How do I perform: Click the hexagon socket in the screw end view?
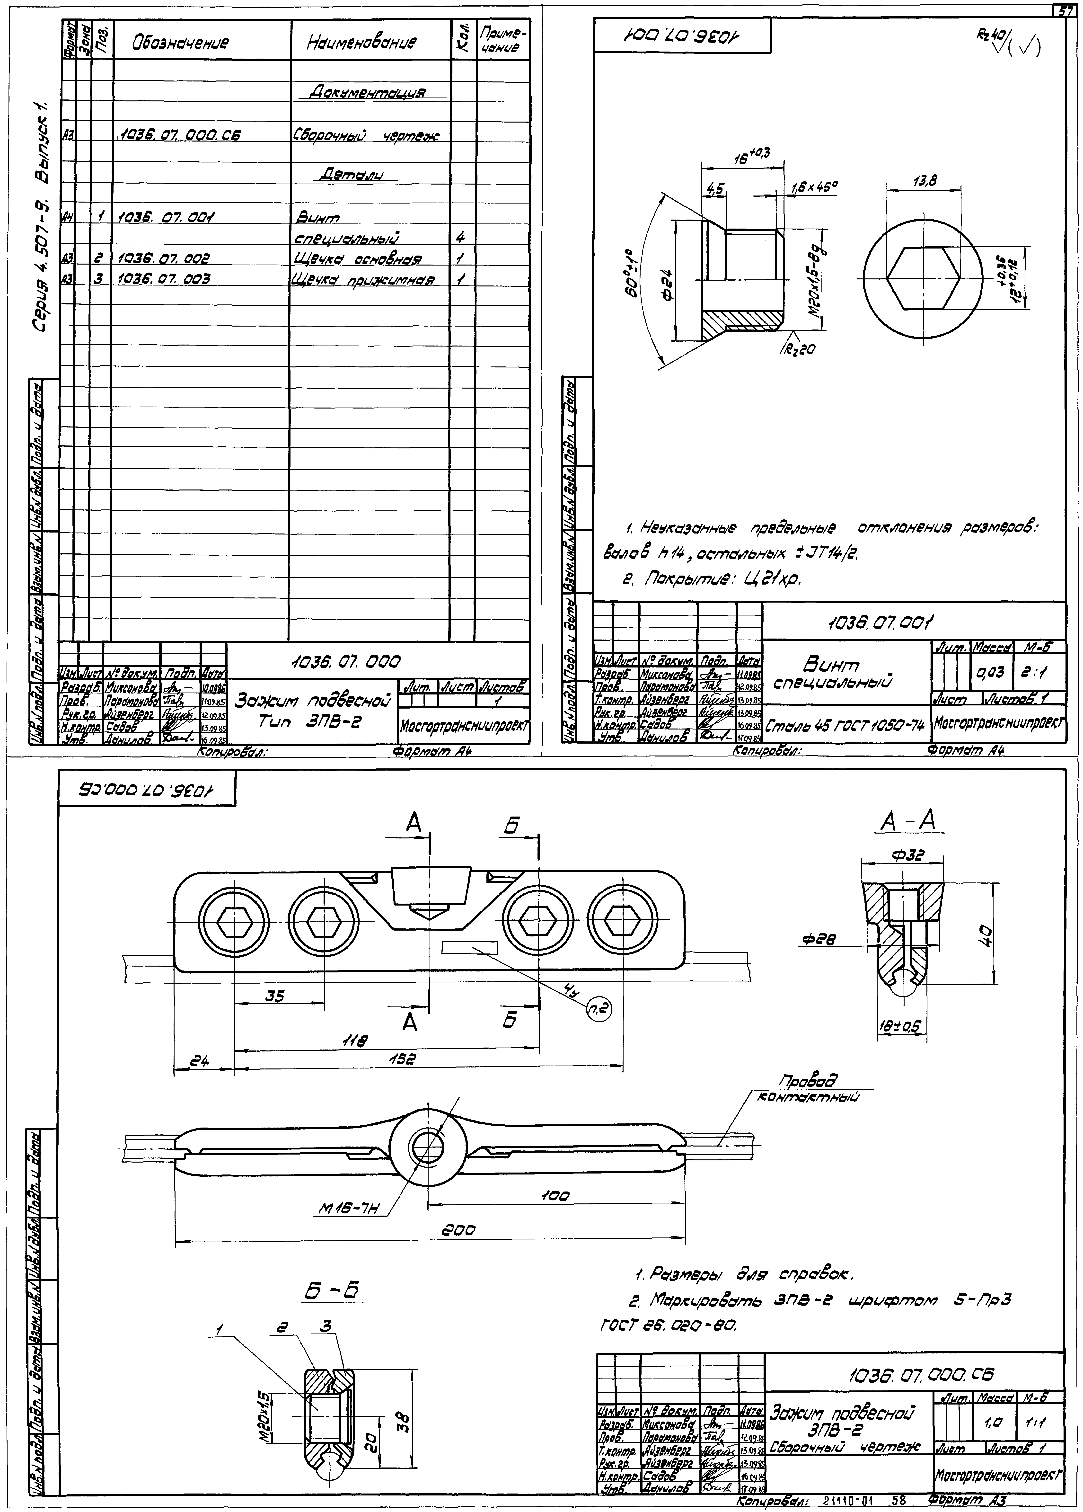pos(926,278)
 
